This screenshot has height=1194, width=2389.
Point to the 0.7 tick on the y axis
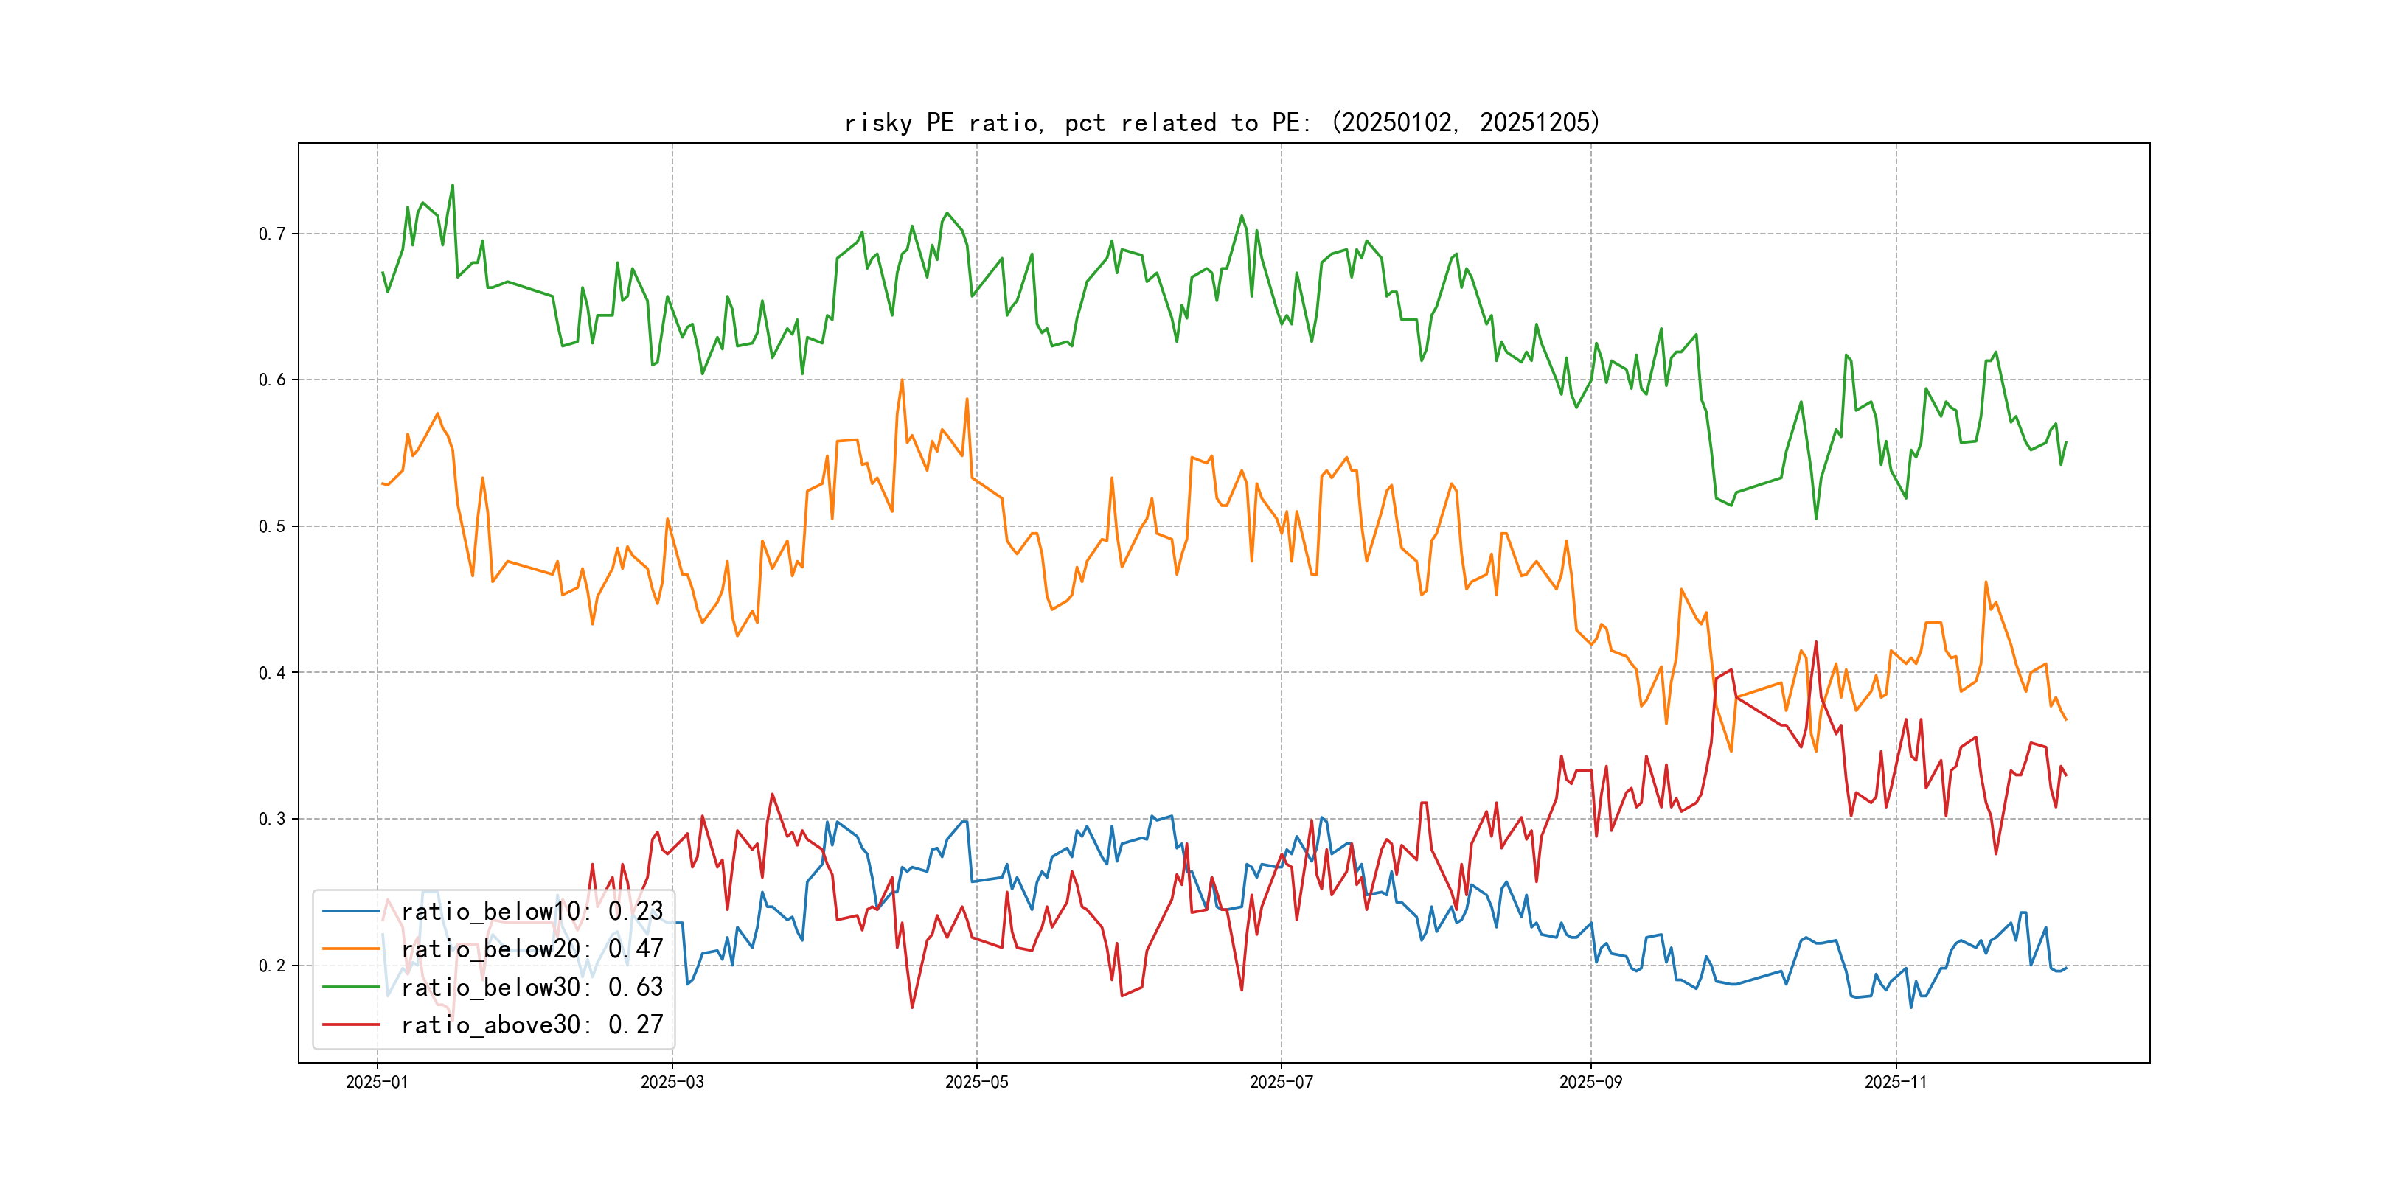(272, 234)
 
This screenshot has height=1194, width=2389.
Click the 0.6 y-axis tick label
(272, 380)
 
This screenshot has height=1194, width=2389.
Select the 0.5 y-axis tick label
(272, 526)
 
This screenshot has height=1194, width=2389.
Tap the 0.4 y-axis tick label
(272, 673)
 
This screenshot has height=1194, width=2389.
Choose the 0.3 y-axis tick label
(272, 820)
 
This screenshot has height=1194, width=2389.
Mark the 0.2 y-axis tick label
(272, 966)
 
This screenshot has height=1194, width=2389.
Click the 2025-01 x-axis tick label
(377, 1083)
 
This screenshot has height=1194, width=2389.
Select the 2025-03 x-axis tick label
(672, 1083)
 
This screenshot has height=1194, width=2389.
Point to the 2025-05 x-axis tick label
(976, 1083)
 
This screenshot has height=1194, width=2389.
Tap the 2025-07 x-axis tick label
(1281, 1083)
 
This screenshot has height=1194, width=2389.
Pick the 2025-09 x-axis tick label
(1590, 1083)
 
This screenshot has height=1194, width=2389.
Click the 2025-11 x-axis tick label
(1896, 1083)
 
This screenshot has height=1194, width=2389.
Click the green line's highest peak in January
(453, 186)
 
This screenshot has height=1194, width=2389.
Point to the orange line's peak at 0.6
(902, 380)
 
